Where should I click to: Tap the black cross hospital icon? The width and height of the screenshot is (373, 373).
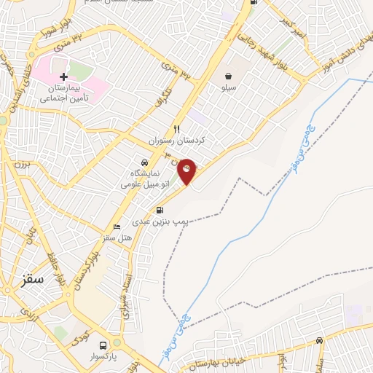(x=64, y=76)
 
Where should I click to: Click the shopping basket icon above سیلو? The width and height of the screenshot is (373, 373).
(x=229, y=76)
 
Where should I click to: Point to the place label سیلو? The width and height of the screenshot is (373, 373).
(x=229, y=87)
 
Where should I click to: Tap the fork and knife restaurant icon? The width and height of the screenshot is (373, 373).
(x=176, y=129)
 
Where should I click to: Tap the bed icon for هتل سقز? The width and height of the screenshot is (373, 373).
(x=117, y=227)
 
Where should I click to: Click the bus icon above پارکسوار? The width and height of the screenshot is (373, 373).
(x=103, y=345)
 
